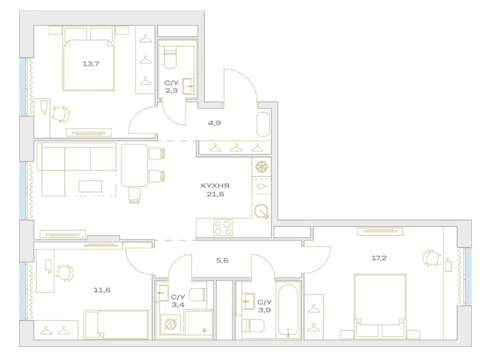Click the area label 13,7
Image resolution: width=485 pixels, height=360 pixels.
click(x=91, y=64)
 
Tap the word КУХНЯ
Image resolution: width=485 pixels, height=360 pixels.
click(x=215, y=186)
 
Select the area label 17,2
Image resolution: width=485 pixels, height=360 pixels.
click(x=379, y=258)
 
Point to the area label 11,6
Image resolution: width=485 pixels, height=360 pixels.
click(x=102, y=290)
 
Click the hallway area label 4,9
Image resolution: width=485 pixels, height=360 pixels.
click(x=215, y=123)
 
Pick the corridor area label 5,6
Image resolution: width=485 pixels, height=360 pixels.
click(x=222, y=261)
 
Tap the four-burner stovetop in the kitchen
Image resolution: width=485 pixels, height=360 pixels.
click(x=222, y=228)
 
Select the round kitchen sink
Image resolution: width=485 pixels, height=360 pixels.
click(x=261, y=212)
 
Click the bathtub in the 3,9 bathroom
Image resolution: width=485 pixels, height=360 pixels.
click(x=288, y=310)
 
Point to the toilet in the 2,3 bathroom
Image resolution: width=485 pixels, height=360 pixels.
click(x=170, y=57)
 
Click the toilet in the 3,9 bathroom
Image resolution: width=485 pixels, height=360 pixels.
click(x=253, y=325)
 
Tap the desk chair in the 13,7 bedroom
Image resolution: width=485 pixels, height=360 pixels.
click(x=61, y=115)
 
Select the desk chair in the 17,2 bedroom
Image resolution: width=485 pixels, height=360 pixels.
click(x=430, y=257)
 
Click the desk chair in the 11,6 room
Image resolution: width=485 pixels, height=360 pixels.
click(x=65, y=273)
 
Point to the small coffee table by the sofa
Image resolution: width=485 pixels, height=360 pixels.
click(x=90, y=186)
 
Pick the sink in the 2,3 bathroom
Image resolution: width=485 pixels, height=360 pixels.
click(x=188, y=86)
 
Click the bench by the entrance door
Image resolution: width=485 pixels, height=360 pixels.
click(x=263, y=124)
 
